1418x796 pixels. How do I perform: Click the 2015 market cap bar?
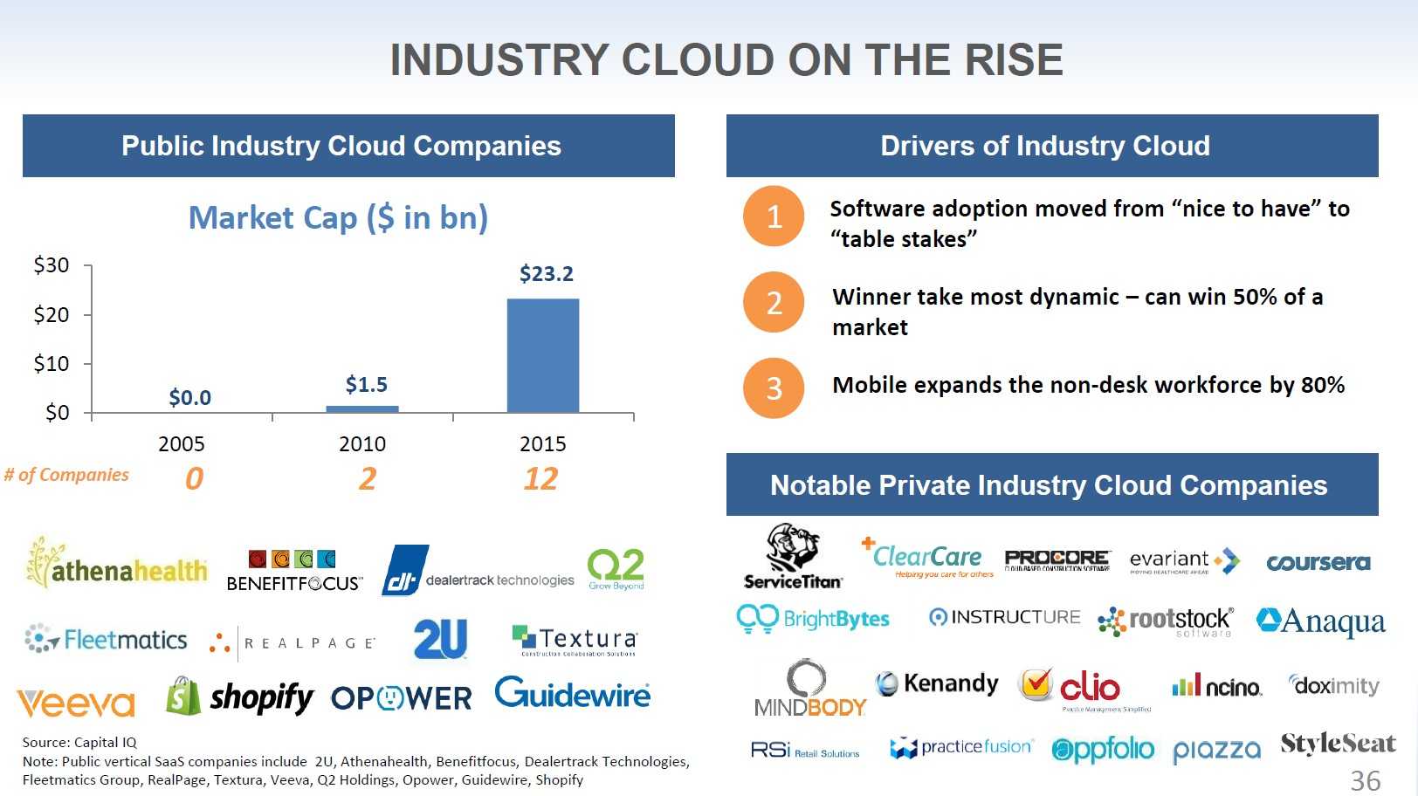(542, 356)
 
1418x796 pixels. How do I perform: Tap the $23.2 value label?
(546, 274)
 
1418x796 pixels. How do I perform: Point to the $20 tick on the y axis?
(52, 315)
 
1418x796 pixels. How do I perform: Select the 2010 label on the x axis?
(361, 444)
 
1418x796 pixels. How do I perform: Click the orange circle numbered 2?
(774, 303)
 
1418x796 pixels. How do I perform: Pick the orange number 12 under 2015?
(540, 479)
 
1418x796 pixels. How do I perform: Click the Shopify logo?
(240, 697)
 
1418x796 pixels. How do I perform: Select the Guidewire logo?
(572, 694)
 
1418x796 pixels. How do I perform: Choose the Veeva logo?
(76, 703)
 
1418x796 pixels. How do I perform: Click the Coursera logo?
(1318, 563)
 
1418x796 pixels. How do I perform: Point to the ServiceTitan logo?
(793, 557)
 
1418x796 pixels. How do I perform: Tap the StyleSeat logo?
(1338, 745)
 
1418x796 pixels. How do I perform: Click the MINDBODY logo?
(809, 690)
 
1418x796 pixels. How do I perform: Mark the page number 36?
(1366, 780)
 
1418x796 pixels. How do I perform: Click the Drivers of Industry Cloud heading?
(1044, 146)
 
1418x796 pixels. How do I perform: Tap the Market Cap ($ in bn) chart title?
(338, 217)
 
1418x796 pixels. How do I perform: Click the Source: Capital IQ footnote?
(79, 743)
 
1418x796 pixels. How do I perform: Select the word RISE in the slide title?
(1014, 60)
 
